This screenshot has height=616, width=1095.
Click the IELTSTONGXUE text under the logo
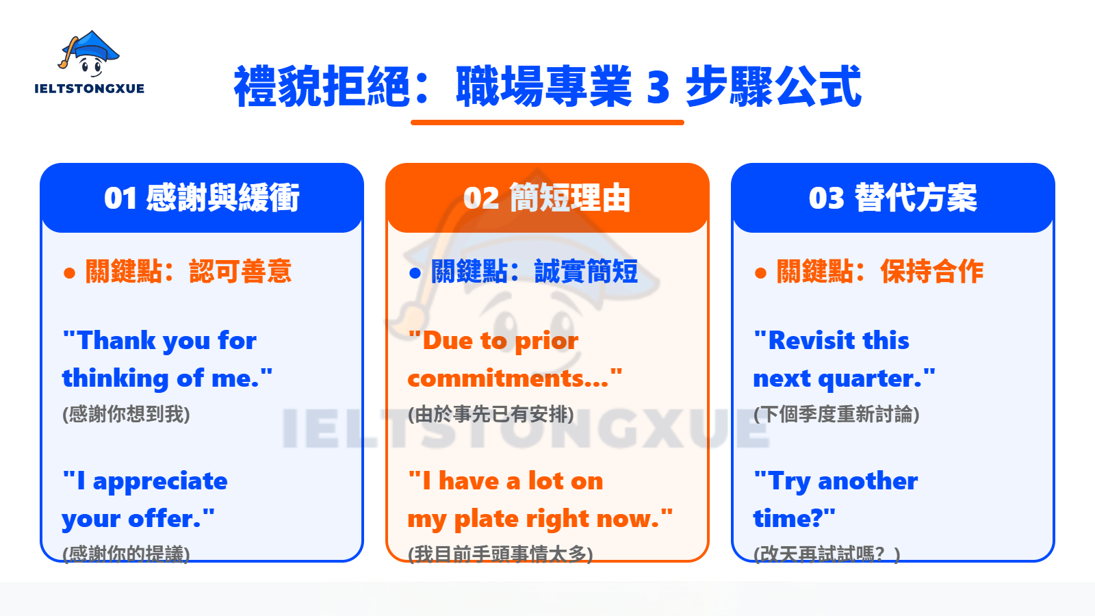click(89, 88)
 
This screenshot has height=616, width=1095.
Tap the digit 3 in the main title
click(658, 88)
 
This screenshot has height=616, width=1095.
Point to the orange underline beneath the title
click(547, 123)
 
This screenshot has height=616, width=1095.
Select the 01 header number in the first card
click(120, 198)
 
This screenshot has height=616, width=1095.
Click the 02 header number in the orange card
click(481, 198)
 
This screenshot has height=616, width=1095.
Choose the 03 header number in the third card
click(827, 198)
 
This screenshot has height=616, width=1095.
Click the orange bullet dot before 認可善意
click(69, 273)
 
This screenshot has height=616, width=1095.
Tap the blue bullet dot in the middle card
click(415, 273)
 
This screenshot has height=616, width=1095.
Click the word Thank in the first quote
click(116, 340)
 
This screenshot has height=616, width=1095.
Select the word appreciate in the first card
click(159, 481)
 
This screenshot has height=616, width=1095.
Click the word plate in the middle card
click(496, 519)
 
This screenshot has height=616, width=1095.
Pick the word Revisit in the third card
click(812, 340)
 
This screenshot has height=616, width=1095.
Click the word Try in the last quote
click(790, 481)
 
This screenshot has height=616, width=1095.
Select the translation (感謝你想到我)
click(126, 414)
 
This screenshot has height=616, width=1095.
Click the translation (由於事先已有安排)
click(491, 414)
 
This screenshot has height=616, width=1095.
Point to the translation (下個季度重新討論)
click(836, 414)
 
